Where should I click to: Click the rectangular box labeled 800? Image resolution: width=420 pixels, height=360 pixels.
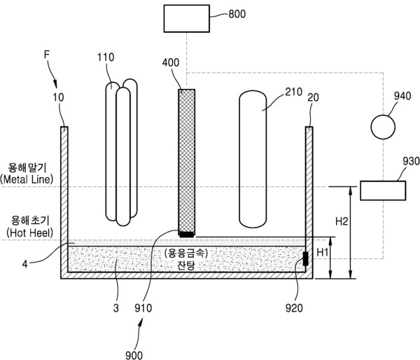coord(186,18)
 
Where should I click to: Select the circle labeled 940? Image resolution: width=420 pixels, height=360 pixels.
coord(383,127)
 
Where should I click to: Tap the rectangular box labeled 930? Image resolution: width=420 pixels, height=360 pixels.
coord(382,190)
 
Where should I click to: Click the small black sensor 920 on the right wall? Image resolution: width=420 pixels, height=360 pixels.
coord(305,259)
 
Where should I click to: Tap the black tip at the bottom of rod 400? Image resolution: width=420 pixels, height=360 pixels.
coord(187,234)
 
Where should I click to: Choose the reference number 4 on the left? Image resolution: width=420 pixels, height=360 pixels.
coord(25,265)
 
